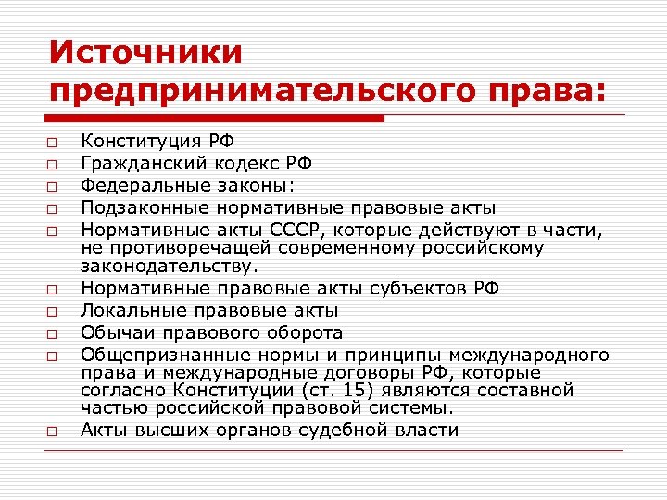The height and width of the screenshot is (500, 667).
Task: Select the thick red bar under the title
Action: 216,119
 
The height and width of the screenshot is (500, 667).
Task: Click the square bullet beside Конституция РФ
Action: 56,144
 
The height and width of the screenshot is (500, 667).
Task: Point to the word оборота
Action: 305,332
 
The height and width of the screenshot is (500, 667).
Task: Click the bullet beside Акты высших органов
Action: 56,431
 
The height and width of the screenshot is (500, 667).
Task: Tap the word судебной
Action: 358,429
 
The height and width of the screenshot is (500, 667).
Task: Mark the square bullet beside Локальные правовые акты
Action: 56,311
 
